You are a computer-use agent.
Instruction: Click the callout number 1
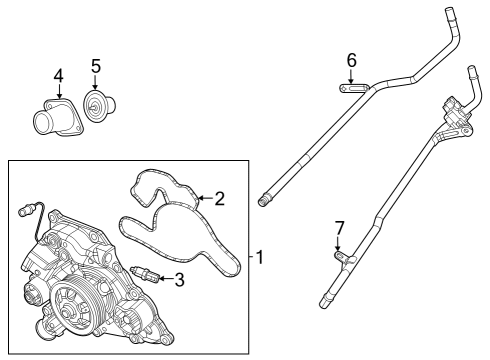click(x=259, y=257)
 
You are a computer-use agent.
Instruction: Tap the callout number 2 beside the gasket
click(x=220, y=198)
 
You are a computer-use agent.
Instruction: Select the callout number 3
click(x=180, y=280)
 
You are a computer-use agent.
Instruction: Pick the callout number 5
click(x=96, y=67)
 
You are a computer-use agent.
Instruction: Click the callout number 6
click(x=351, y=60)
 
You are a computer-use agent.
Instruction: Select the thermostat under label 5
click(x=97, y=108)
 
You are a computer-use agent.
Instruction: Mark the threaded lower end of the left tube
click(x=265, y=200)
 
